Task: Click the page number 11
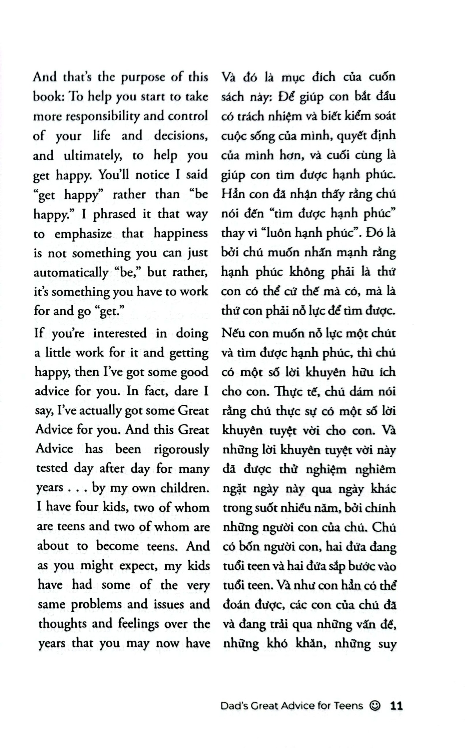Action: (x=396, y=705)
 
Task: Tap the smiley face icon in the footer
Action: (x=375, y=705)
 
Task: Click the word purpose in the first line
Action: (x=143, y=77)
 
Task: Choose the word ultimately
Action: (x=93, y=156)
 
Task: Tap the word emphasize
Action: (x=83, y=234)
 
